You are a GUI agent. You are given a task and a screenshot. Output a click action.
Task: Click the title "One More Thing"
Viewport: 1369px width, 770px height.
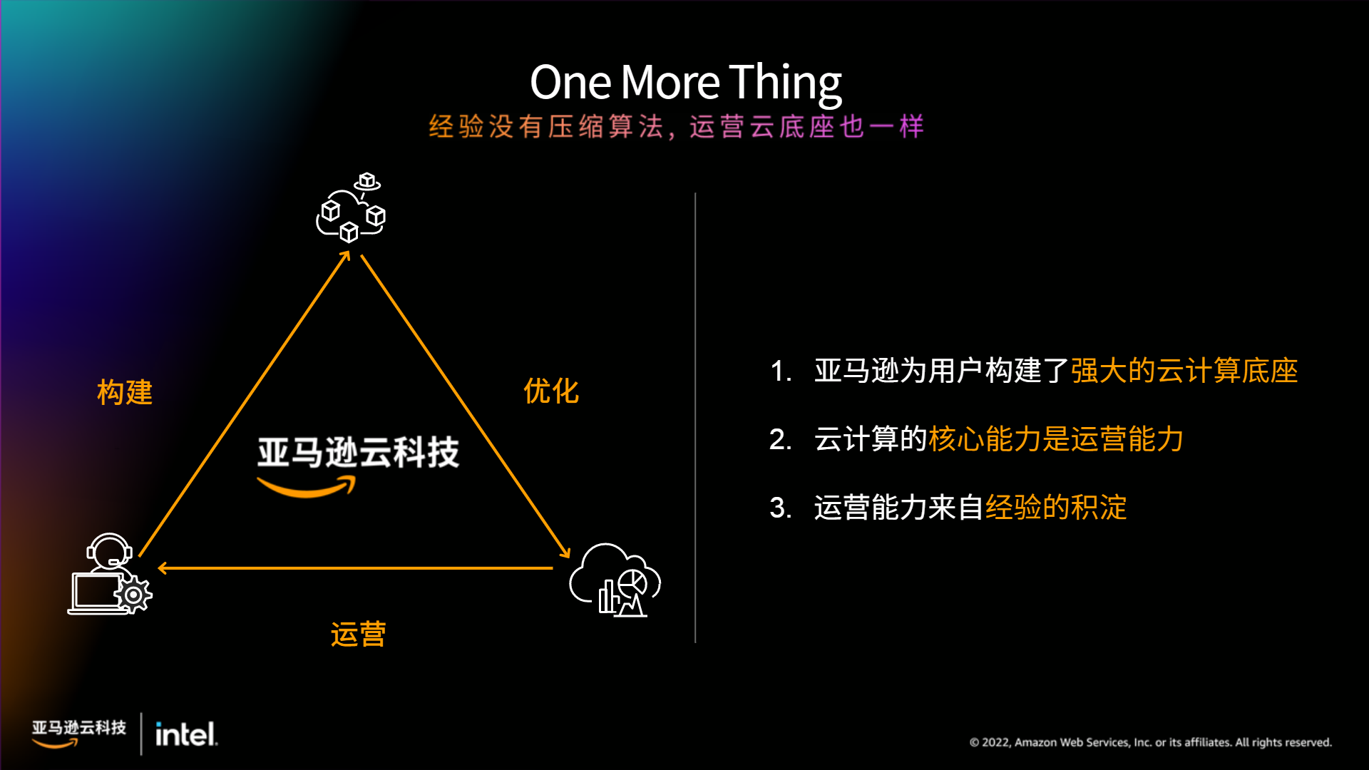pyautogui.click(x=686, y=83)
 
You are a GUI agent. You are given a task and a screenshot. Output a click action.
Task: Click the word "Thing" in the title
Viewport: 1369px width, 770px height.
pyautogui.click(x=785, y=83)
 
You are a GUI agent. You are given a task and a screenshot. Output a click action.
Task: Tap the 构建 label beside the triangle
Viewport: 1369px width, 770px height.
pyautogui.click(x=125, y=392)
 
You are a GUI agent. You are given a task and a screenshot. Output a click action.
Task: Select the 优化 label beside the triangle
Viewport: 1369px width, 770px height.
pyautogui.click(x=551, y=391)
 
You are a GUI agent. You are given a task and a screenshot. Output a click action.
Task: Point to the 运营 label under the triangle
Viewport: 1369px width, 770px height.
pyautogui.click(x=358, y=634)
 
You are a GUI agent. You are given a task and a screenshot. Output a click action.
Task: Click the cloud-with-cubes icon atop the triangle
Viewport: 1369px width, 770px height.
pyautogui.click(x=352, y=207)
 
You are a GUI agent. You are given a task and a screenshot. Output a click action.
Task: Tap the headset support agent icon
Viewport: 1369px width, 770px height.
pyautogui.click(x=110, y=574)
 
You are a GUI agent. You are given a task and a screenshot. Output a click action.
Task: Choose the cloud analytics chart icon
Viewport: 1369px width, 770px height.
pyautogui.click(x=615, y=580)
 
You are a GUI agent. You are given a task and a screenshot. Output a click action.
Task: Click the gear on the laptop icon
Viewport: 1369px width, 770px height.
pyautogui.click(x=133, y=595)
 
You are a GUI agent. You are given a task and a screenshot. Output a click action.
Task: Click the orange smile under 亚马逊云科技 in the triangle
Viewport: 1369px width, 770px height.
pyautogui.click(x=307, y=488)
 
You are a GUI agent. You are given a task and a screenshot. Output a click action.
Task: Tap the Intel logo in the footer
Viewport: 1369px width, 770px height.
pyautogui.click(x=186, y=734)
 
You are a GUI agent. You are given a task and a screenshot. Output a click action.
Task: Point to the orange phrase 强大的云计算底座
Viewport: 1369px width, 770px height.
pyautogui.click(x=1184, y=371)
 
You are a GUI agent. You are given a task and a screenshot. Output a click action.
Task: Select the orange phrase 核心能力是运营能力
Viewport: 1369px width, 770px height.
pyautogui.click(x=1056, y=439)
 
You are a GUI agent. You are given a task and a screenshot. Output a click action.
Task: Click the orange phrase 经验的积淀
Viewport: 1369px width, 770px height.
pyautogui.click(x=1056, y=508)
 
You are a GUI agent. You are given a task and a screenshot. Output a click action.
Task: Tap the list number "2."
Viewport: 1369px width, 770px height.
pyautogui.click(x=781, y=439)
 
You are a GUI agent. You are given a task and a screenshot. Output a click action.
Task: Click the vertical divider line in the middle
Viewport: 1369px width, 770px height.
pyautogui.click(x=695, y=418)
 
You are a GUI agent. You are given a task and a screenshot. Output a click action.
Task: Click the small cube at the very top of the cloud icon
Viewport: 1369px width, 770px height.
pyautogui.click(x=367, y=180)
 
